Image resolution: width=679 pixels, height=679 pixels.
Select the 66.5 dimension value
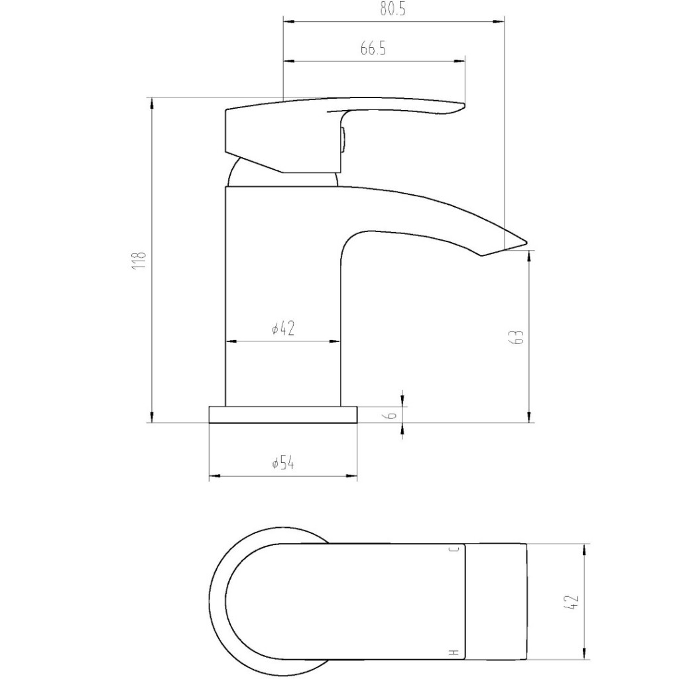click(373, 50)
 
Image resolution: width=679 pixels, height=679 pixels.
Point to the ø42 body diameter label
click(283, 328)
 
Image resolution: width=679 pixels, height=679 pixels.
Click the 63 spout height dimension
click(519, 336)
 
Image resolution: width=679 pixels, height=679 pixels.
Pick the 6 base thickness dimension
click(392, 414)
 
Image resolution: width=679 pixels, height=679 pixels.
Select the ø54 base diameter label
click(283, 463)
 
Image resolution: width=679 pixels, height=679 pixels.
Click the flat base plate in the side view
click(283, 414)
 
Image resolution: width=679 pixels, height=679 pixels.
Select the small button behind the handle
click(343, 139)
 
